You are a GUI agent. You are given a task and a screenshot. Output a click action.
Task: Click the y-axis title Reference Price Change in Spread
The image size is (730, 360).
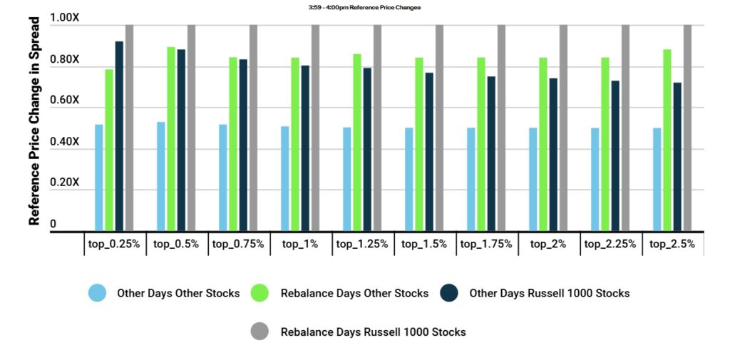(34, 120)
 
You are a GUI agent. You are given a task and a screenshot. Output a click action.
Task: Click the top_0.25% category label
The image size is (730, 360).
(114, 244)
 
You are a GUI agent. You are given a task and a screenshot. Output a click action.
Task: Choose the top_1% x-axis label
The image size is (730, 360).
(300, 244)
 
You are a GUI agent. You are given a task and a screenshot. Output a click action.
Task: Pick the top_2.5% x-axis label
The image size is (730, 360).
(672, 244)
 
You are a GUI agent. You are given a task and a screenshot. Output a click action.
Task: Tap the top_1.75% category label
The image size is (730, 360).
(486, 244)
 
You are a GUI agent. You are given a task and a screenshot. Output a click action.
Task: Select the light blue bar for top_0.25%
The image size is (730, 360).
(99, 178)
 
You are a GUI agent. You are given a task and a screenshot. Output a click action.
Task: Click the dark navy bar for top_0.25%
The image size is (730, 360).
(119, 136)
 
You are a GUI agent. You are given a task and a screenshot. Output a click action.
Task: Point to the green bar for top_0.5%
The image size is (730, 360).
(171, 139)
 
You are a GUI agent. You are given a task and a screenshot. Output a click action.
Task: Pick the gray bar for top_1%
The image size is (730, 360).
(315, 128)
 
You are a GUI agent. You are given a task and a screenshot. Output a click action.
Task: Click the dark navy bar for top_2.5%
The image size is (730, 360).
(677, 157)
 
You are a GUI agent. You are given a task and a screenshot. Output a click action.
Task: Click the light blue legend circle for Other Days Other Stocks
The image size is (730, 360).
(97, 293)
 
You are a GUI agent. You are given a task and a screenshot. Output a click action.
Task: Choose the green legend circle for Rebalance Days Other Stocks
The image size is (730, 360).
(260, 293)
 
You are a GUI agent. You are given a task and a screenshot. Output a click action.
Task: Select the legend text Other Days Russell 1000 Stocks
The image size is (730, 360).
(549, 293)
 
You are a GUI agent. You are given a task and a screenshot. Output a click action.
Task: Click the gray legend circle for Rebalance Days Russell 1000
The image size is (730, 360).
(260, 331)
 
